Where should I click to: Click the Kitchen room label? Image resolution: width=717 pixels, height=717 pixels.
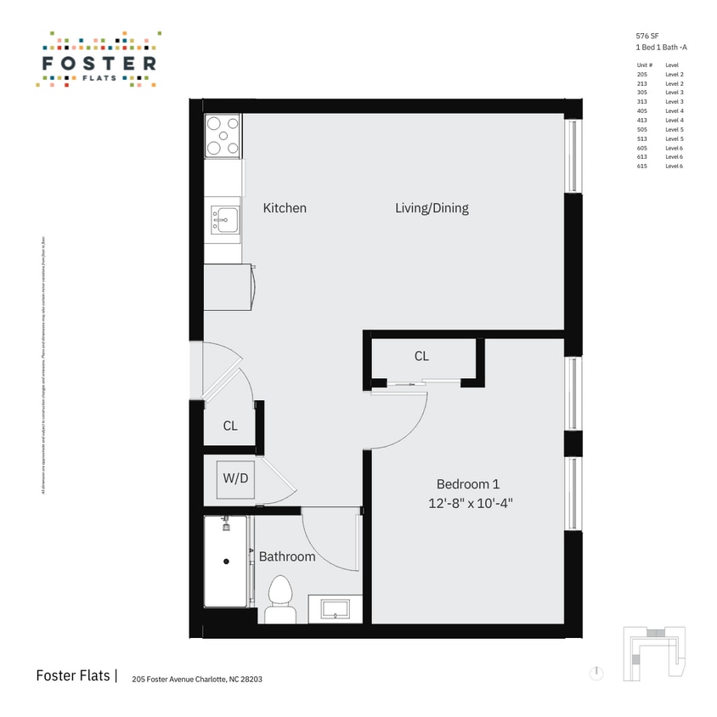tap(285, 208)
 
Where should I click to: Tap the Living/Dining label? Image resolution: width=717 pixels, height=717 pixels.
tap(432, 208)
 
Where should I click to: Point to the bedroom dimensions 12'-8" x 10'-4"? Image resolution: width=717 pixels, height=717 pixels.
tap(471, 503)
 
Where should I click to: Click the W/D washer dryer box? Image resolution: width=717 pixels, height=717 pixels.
tap(235, 478)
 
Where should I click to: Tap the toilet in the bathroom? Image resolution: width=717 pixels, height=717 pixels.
tap(279, 600)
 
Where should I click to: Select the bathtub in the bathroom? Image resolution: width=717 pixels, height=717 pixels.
tap(226, 561)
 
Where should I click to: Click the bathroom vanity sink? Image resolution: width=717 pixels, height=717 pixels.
tap(334, 608)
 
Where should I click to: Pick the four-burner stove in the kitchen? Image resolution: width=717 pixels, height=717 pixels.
tap(223, 136)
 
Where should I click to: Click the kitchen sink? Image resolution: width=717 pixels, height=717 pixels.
tap(225, 220)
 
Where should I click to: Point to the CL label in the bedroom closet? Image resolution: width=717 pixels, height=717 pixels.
tap(421, 357)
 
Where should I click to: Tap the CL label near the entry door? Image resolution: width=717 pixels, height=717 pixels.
tap(230, 426)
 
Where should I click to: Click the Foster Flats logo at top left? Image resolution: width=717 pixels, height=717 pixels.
tap(99, 60)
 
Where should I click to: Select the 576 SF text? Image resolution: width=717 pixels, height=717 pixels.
tap(647, 36)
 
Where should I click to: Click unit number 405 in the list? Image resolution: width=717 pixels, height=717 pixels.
tap(642, 111)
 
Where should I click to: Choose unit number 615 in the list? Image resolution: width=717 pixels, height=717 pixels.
tap(642, 167)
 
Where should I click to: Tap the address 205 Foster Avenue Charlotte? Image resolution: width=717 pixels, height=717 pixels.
tap(191, 680)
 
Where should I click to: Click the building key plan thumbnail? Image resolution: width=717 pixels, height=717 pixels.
tap(653, 653)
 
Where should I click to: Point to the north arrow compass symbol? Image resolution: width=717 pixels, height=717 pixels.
tap(597, 673)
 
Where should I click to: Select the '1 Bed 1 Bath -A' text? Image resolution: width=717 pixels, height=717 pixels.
tap(661, 48)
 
